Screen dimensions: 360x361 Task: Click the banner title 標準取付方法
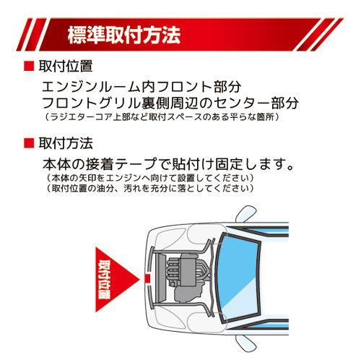pyautogui.click(x=123, y=33)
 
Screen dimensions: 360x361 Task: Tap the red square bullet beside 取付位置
pyautogui.click(x=29, y=67)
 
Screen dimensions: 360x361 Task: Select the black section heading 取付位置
pyautogui.click(x=66, y=67)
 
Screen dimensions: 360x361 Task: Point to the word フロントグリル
pyautogui.click(x=82, y=102)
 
